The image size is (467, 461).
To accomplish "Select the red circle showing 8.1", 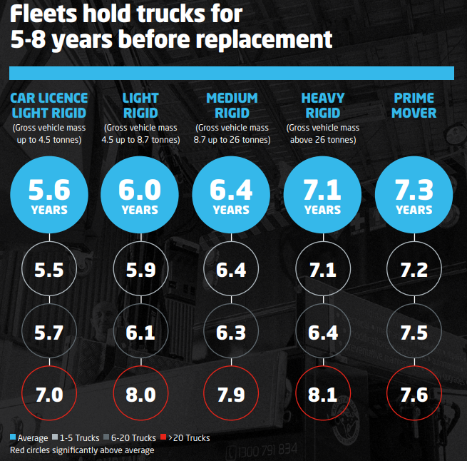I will [323, 395].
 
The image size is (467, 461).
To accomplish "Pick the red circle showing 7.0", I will [49, 395].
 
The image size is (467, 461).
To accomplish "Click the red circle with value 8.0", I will [140, 395].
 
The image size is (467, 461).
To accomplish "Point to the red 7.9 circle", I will [232, 395].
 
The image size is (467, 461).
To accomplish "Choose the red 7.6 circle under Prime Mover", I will [414, 395].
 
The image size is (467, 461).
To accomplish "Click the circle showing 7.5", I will [414, 332].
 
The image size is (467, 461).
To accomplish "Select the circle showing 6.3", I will [232, 332].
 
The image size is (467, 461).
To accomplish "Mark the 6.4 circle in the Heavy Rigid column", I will [323, 332].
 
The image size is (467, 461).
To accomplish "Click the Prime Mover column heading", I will [414, 105].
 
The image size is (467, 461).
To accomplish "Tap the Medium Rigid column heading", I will [232, 105].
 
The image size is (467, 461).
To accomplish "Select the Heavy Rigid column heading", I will [323, 105].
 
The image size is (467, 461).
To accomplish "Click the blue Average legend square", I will [14, 437].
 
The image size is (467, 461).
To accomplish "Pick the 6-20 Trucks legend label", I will [134, 437].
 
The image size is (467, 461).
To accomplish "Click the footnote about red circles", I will [82, 450].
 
